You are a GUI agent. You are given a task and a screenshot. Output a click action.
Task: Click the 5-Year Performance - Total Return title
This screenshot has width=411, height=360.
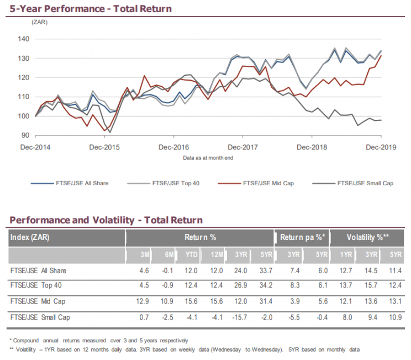pos(91,8)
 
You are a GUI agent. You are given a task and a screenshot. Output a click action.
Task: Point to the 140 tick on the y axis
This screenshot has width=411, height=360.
pos(24,39)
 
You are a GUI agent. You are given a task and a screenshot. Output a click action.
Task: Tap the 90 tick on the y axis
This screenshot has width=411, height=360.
pos(25,135)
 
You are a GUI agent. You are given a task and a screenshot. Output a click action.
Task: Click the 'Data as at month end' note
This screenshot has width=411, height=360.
pos(208,158)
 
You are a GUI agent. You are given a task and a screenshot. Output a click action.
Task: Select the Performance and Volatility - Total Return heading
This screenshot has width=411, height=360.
pos(106,220)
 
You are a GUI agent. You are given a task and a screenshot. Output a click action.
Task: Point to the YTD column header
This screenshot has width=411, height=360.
pos(192,255)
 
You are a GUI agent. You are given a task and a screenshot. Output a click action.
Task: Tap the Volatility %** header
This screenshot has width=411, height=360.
pos(368,238)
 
